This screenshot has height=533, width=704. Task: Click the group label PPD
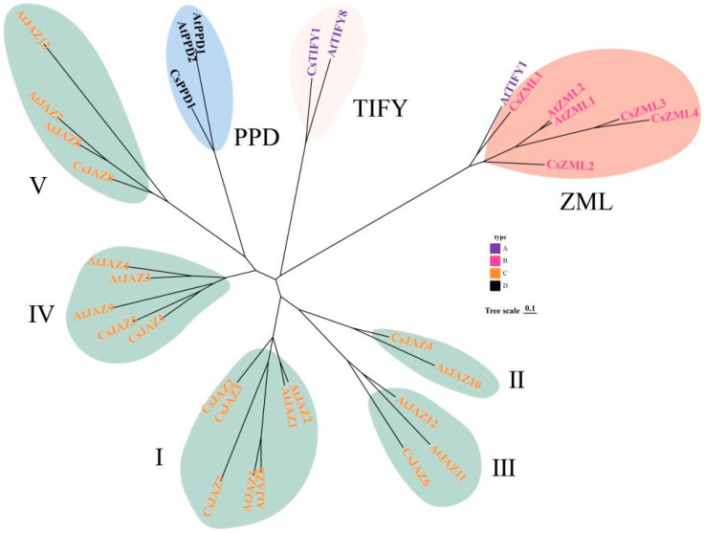pyautogui.click(x=256, y=139)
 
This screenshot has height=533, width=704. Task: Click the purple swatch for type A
pyautogui.click(x=495, y=247)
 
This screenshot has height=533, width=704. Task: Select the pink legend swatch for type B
pyautogui.click(x=495, y=261)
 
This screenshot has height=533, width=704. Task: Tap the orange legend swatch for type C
pyautogui.click(x=495, y=275)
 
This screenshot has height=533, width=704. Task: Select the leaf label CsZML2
pyautogui.click(x=570, y=166)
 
